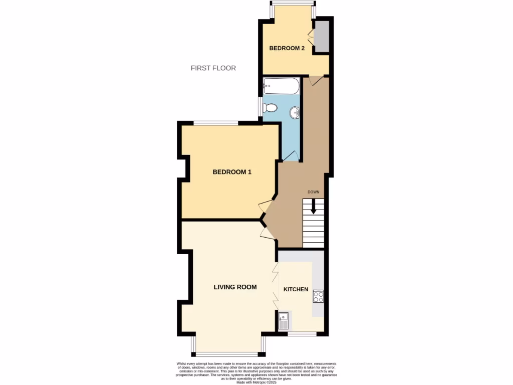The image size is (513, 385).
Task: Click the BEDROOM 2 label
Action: [287, 48]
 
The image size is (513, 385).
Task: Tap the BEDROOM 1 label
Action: [232, 172]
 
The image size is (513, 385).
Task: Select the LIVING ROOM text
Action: [235, 287]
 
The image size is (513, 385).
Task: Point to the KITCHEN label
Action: [296, 289]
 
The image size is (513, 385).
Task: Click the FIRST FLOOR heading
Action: [213, 68]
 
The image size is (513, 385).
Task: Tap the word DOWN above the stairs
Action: [314, 192]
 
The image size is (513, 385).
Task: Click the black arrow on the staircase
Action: [314, 206]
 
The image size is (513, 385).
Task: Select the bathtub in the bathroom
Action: [281, 86]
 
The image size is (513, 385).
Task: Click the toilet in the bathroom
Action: [271, 107]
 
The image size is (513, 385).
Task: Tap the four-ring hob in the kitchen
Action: [318, 296]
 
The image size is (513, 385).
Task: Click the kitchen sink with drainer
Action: [283, 320]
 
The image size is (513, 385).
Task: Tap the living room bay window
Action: [228, 352]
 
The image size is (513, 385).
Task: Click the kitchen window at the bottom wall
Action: [302, 334]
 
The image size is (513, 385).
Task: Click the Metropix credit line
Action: [256, 382]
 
